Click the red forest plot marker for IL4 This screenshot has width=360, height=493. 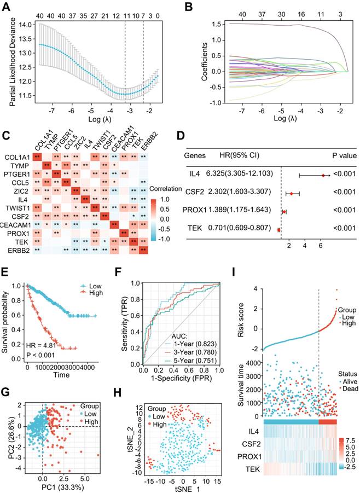point(323,175)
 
